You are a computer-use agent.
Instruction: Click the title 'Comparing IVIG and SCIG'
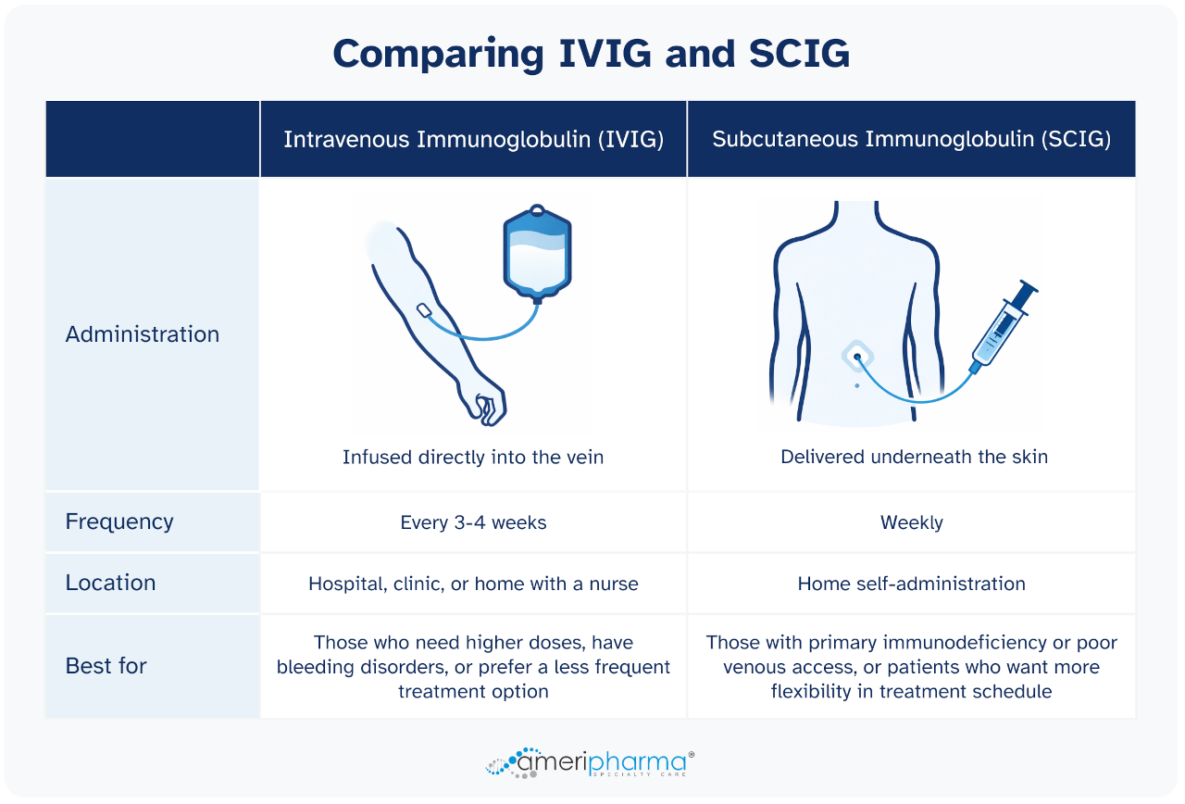[591, 54]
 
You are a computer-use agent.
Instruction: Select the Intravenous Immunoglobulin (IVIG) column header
[473, 139]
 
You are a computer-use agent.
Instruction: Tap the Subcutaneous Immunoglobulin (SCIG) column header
[911, 139]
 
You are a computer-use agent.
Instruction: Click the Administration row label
[143, 334]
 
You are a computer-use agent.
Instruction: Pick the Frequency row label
[119, 521]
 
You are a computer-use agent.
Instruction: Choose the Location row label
[110, 583]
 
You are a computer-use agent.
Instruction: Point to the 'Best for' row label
[106, 665]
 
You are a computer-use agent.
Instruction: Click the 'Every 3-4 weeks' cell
[473, 522]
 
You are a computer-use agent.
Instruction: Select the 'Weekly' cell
[911, 522]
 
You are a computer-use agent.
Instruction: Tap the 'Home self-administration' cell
[911, 584]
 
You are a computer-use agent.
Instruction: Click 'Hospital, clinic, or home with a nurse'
[473, 584]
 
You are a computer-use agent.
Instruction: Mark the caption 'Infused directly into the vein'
[473, 457]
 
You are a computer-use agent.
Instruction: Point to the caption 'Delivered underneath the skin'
[914, 457]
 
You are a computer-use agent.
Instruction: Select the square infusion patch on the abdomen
[857, 357]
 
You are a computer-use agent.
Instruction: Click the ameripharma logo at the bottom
[591, 762]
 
